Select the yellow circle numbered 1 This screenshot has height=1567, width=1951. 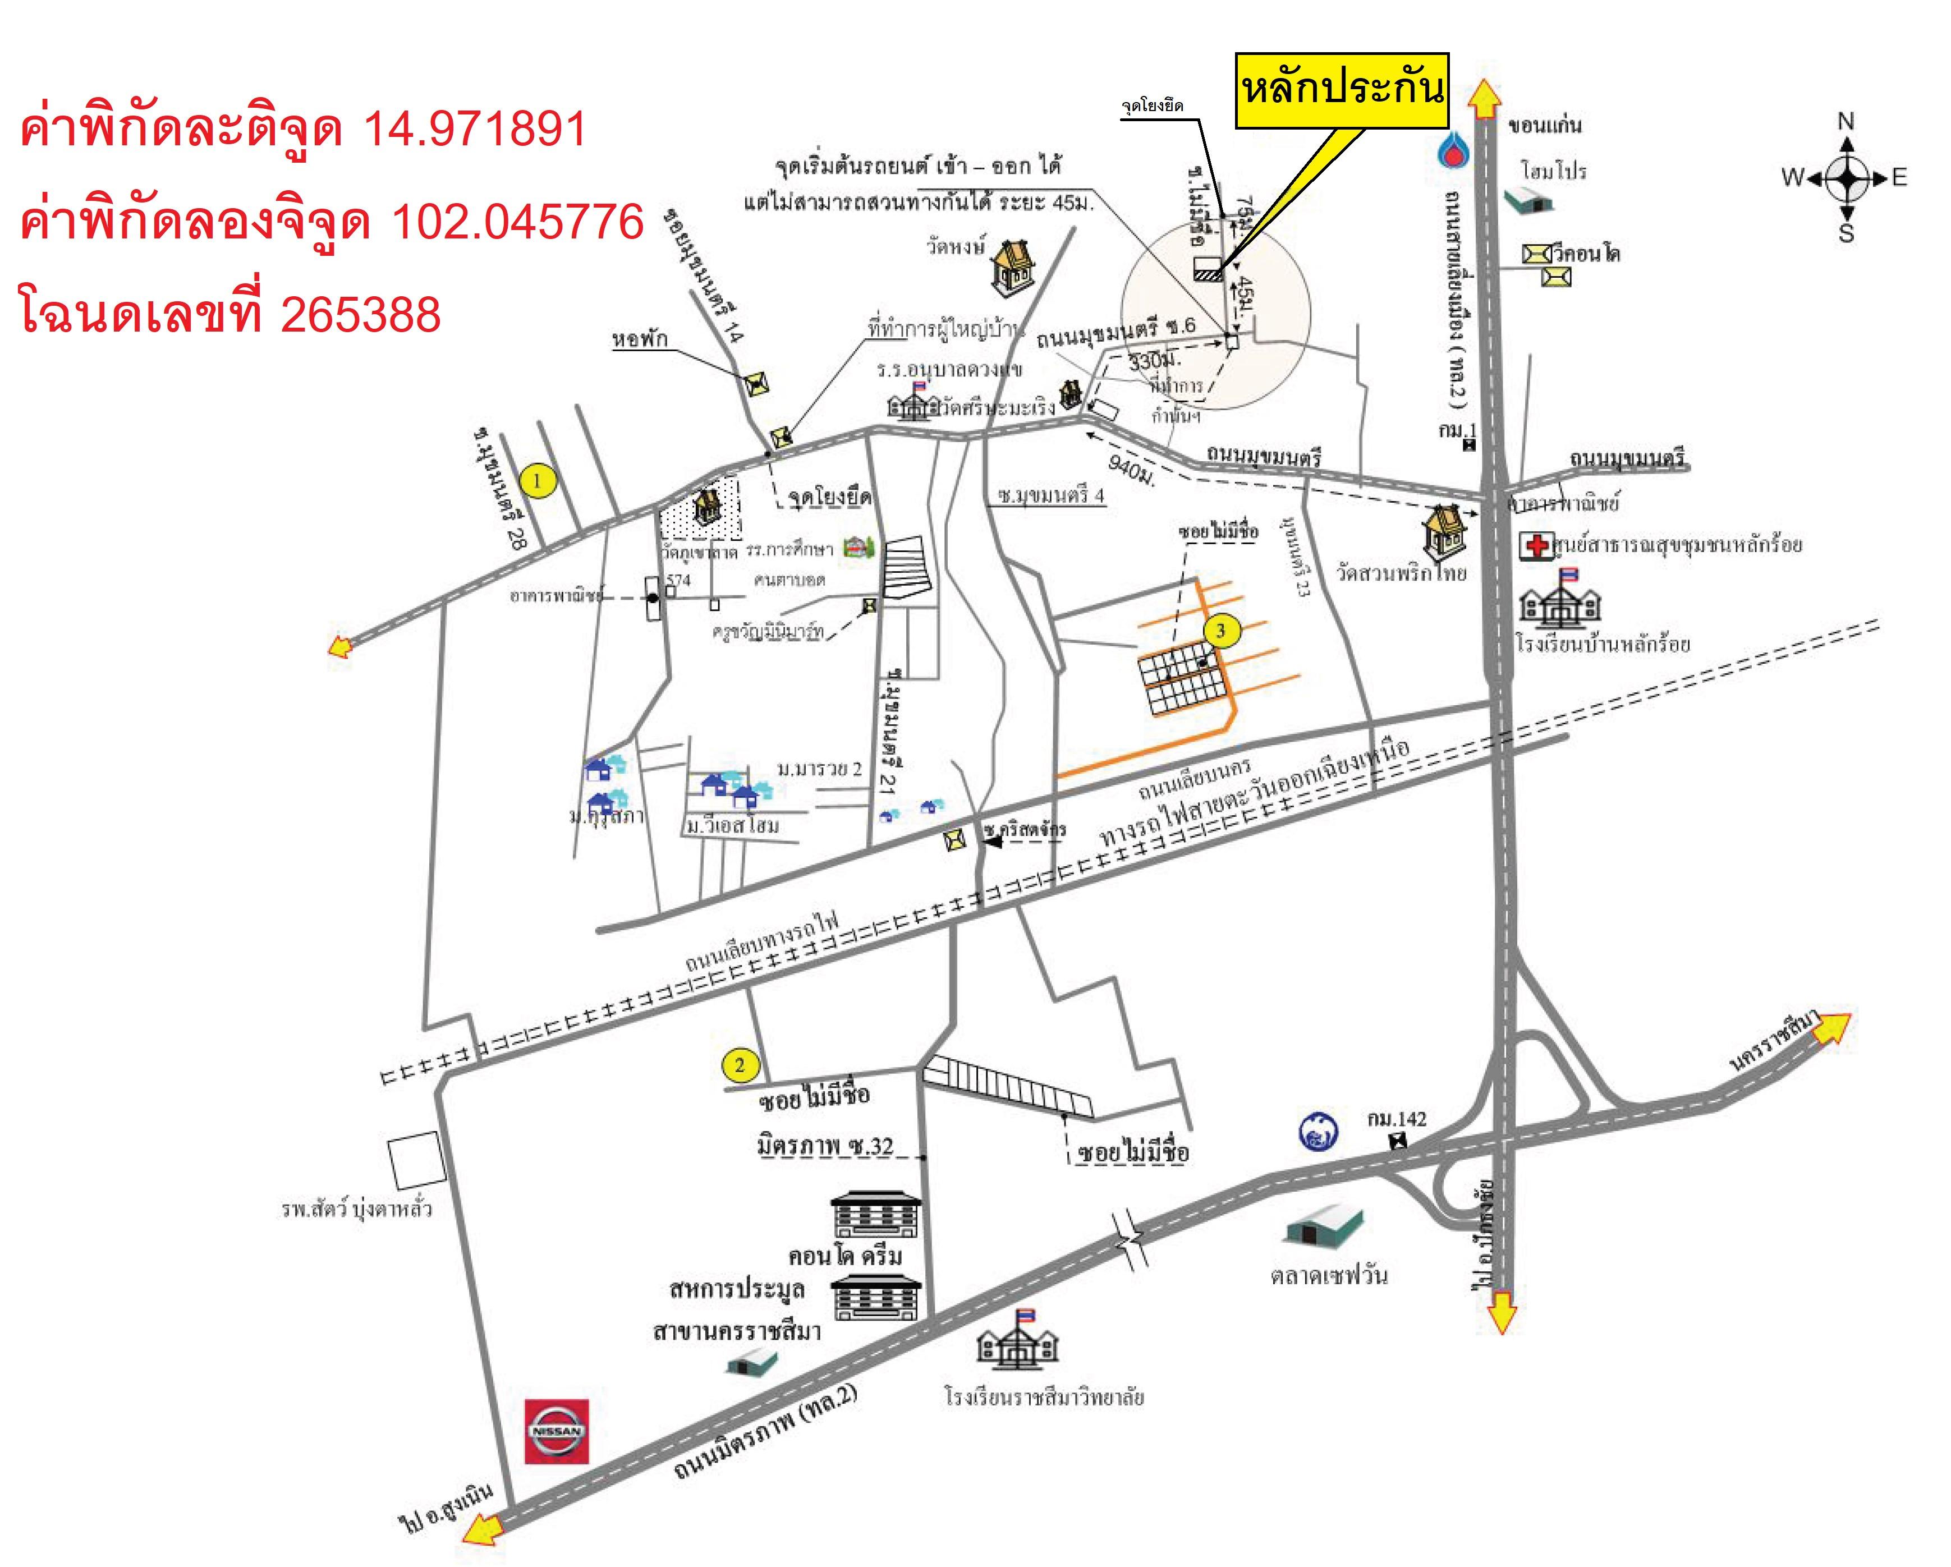click(538, 480)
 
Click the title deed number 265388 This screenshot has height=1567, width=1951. click(360, 315)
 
